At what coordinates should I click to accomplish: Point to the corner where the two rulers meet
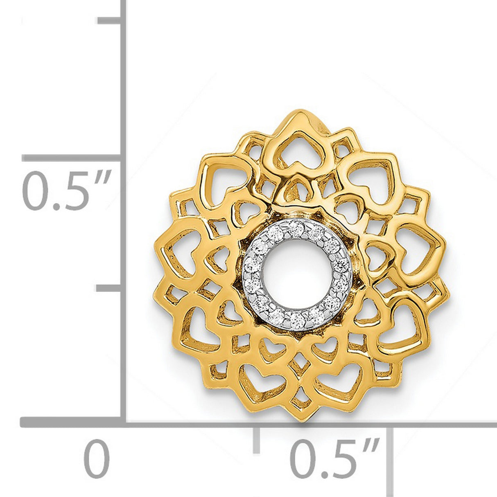(x=123, y=422)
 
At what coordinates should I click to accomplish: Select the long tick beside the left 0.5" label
(x=72, y=158)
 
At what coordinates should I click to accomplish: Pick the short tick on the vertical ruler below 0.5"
(x=108, y=289)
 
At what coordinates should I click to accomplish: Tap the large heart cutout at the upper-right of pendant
(x=370, y=176)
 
